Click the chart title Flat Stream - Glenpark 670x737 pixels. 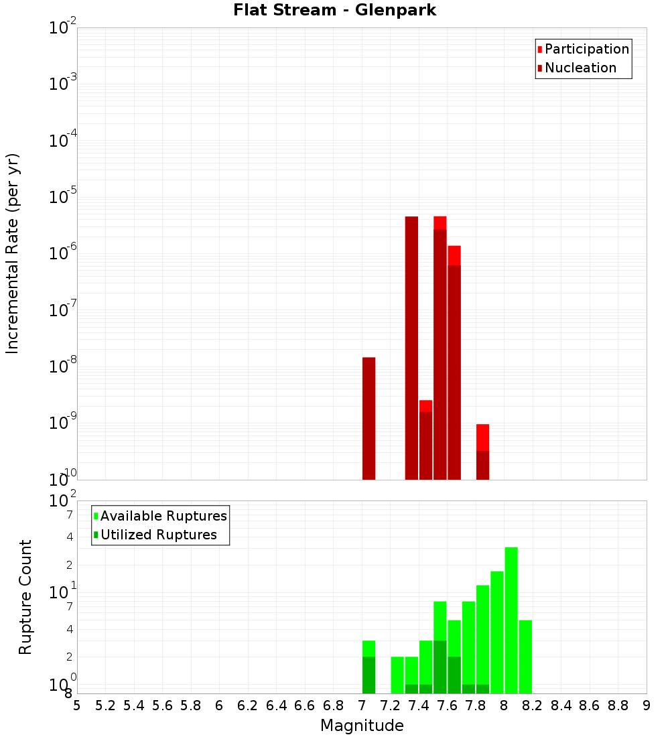pos(335,10)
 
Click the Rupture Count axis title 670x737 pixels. pos(25,597)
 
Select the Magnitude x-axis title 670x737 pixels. pos(362,726)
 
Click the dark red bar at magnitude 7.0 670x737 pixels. pos(368,419)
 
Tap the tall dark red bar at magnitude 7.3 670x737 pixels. pos(411,348)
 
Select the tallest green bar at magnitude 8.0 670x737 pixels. pos(511,620)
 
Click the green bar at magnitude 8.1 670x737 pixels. pos(525,657)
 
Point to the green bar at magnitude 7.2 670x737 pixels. pos(397,675)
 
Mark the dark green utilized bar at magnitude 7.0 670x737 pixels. pos(368,675)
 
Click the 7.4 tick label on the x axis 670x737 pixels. pos(419,706)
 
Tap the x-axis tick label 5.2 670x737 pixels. pos(105,706)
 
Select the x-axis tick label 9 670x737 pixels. pos(647,706)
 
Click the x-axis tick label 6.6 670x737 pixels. pos(305,706)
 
